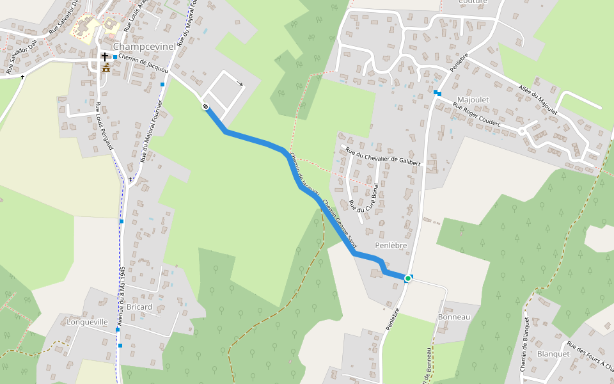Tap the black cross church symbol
pyautogui.click(x=105, y=57)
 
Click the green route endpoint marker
pyautogui.click(x=407, y=278)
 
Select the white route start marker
pyautogui.click(x=206, y=107)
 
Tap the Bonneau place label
pyautogui.click(x=454, y=317)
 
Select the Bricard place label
pyautogui.click(x=139, y=307)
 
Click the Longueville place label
pyautogui.click(x=88, y=323)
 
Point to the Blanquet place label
pyautogui.click(x=553, y=353)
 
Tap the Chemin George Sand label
pyautogui.click(x=339, y=225)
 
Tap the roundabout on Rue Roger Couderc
pyautogui.click(x=522, y=131)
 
